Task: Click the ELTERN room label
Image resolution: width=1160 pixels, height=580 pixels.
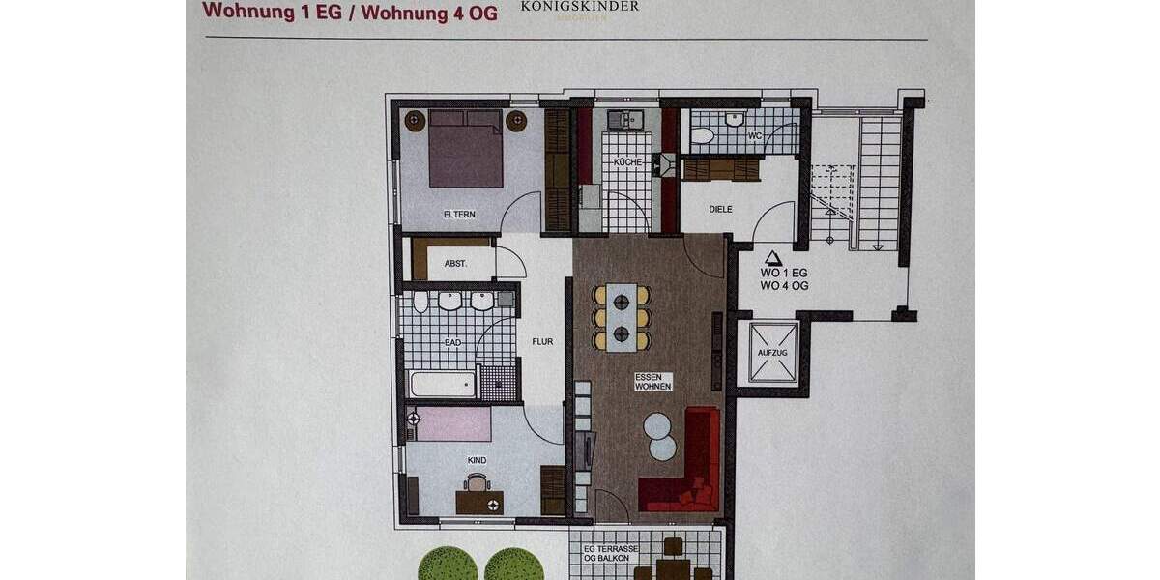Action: click(x=460, y=215)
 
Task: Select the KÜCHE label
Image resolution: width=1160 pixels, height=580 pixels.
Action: click(x=625, y=161)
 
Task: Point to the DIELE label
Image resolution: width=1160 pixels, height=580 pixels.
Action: click(x=720, y=209)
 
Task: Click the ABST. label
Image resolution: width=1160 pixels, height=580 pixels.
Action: click(x=455, y=263)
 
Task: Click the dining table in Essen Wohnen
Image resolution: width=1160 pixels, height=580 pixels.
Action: click(x=621, y=317)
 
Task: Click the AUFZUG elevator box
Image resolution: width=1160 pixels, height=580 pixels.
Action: click(x=772, y=352)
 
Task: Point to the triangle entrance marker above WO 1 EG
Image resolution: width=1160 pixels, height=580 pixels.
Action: click(x=772, y=258)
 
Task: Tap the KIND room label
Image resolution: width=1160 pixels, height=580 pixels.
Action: click(x=476, y=460)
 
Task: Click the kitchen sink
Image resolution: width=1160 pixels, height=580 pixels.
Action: click(x=625, y=120)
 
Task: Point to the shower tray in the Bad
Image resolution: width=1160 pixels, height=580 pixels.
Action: click(x=499, y=383)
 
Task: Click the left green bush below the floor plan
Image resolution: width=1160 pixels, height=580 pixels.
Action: click(x=448, y=565)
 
